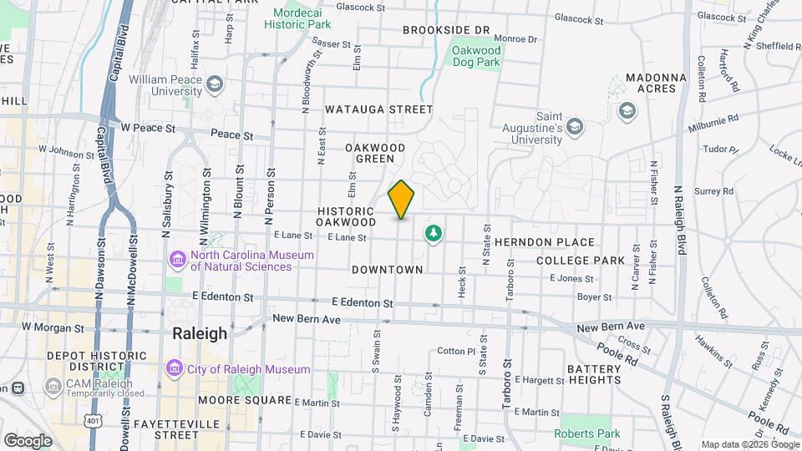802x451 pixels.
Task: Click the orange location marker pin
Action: click(401, 199)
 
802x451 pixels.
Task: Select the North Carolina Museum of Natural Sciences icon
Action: click(178, 261)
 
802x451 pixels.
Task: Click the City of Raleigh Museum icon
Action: click(175, 368)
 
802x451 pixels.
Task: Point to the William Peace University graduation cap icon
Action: click(216, 84)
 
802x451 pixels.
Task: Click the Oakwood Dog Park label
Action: click(475, 56)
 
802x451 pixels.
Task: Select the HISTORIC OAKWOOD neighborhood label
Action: click(346, 217)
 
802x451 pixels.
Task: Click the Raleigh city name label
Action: click(199, 333)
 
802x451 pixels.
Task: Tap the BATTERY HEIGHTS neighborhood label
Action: click(594, 374)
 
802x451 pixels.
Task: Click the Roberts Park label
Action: click(587, 433)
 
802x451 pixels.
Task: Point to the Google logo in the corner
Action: click(28, 440)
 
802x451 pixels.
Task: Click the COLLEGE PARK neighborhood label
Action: click(580, 261)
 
